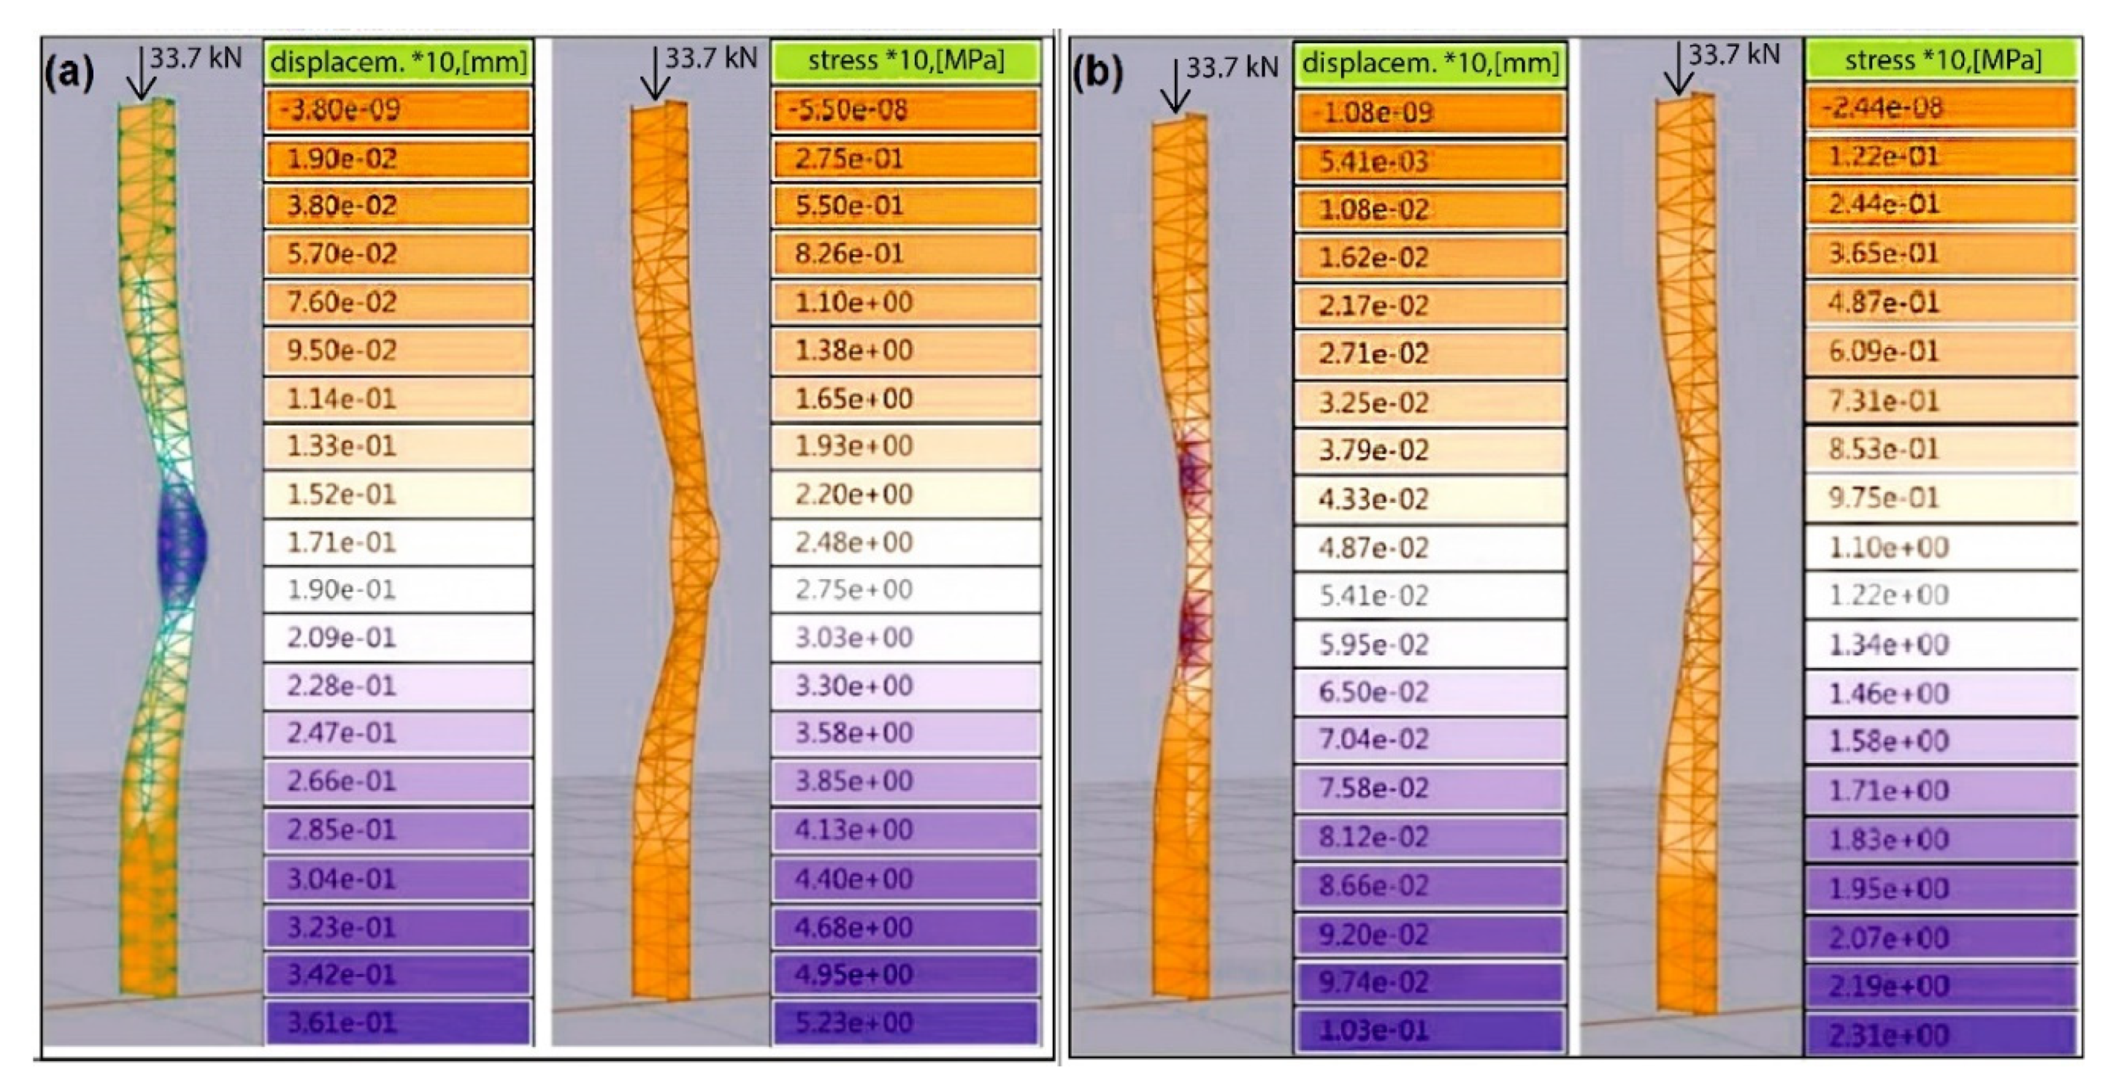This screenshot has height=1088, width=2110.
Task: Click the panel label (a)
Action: coord(69,74)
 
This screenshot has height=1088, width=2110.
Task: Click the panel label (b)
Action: coord(1097,74)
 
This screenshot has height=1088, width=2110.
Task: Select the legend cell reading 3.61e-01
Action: coord(398,1022)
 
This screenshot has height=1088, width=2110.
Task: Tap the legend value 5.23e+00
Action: coord(905,1022)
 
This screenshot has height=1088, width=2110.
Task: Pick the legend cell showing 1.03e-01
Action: coord(1430,1030)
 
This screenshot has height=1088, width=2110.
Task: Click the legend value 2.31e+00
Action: coord(1941,1034)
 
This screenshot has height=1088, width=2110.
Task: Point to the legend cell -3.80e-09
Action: coord(398,110)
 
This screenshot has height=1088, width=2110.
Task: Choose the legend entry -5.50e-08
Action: coord(905,110)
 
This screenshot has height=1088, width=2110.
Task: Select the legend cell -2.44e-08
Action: coord(1941,108)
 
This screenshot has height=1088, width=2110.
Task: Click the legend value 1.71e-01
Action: coord(398,543)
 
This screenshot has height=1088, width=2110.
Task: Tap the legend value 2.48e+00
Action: coord(905,543)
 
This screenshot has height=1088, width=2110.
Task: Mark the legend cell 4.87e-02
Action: coord(1430,547)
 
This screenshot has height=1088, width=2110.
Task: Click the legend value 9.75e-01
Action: coord(1941,498)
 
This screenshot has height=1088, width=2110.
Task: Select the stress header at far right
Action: coord(1941,61)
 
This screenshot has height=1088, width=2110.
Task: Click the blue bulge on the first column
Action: coord(182,541)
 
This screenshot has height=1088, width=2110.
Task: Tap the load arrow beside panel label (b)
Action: coord(1175,86)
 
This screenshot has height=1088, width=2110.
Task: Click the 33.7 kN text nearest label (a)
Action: coord(196,58)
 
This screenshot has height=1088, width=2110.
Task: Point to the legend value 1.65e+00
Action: coord(905,399)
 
